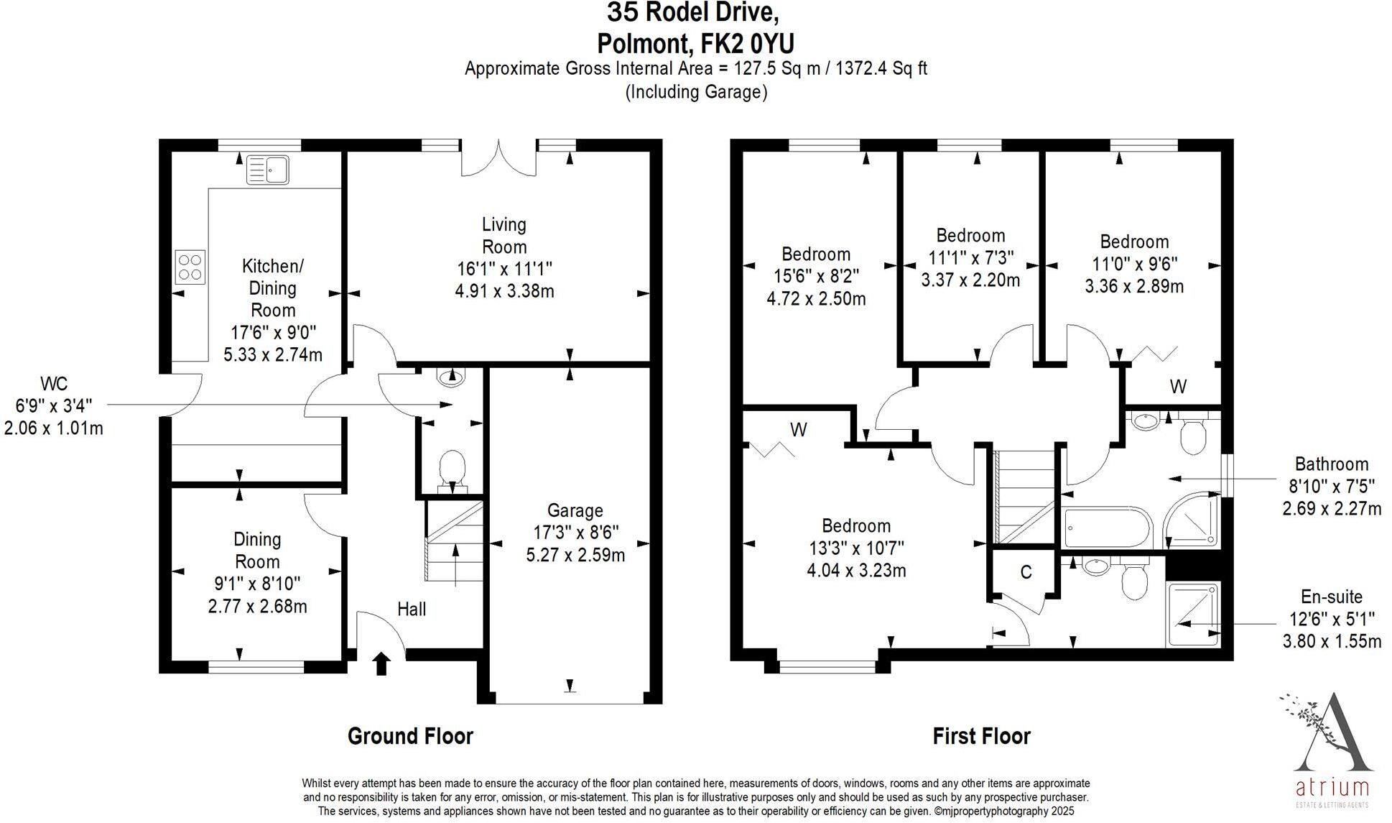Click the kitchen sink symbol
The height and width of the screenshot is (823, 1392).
point(267,170)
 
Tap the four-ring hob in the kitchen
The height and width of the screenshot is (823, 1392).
point(190,267)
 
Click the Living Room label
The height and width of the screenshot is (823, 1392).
point(504,235)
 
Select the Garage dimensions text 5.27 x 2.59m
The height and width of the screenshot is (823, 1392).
point(575,555)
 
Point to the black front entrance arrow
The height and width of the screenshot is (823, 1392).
point(381,663)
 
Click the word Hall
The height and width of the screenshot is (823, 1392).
point(412,610)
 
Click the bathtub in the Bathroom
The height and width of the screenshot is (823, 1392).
point(1107,528)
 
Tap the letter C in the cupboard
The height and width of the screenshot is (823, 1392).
point(1026,572)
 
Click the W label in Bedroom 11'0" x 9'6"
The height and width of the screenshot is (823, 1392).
point(1178,387)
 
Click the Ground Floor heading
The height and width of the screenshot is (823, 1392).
point(410,736)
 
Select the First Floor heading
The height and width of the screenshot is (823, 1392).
point(981,736)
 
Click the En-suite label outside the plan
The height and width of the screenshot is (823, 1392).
point(1331,597)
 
